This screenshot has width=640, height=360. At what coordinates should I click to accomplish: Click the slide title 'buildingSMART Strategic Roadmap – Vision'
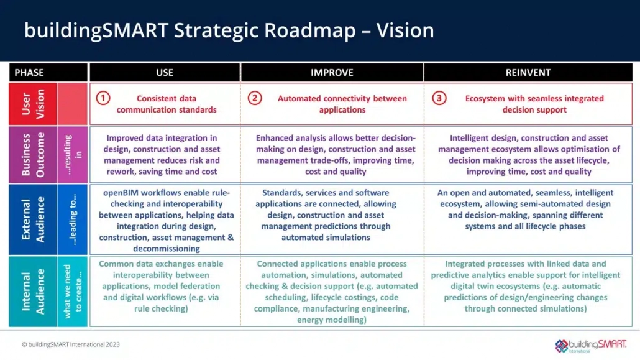tap(229, 30)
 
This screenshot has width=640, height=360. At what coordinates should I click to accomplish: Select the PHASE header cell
tap(48, 73)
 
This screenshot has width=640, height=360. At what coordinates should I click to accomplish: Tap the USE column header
tap(165, 73)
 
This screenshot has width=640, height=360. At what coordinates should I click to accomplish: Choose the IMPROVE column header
tap(332, 73)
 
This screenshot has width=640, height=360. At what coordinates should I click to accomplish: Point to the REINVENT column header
tap(528, 73)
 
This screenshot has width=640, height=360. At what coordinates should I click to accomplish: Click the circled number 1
tap(103, 98)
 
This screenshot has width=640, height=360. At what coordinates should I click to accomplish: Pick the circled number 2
tap(255, 98)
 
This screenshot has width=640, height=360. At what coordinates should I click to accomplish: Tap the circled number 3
tap(439, 98)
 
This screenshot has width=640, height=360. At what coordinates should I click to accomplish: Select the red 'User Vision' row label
tap(33, 104)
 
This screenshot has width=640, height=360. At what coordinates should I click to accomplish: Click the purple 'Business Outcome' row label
tap(33, 154)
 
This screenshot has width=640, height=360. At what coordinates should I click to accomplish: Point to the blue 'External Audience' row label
tap(33, 220)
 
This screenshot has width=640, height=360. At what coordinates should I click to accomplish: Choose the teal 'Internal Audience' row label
tap(33, 292)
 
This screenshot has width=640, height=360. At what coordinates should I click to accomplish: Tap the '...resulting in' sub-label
tap(73, 154)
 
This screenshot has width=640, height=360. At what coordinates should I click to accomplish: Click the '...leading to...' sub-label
tap(73, 220)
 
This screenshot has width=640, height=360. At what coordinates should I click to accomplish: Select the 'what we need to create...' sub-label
tap(73, 292)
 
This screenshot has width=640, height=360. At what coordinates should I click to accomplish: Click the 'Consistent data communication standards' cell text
tap(167, 104)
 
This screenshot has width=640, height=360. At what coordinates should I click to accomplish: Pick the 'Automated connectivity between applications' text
tap(342, 104)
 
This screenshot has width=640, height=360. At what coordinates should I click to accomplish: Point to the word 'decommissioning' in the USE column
tap(167, 249)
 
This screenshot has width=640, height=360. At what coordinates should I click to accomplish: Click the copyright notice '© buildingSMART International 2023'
tap(71, 344)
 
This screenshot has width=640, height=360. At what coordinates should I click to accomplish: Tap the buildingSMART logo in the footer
tap(591, 346)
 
